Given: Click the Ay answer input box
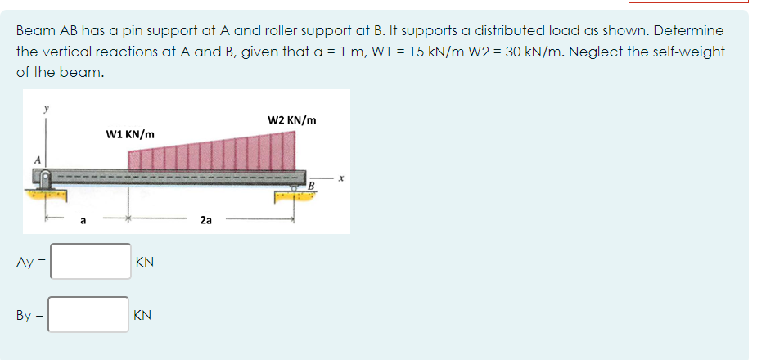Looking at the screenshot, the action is pyautogui.click(x=89, y=262).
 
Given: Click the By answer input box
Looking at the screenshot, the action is pyautogui.click(x=89, y=314).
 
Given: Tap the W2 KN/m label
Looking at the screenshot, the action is pyautogui.click(x=292, y=119).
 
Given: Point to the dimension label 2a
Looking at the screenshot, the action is pyautogui.click(x=206, y=219).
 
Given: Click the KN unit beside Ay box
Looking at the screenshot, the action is pyautogui.click(x=145, y=263).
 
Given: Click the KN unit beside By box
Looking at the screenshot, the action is pyautogui.click(x=142, y=315).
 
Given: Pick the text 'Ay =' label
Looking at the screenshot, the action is pyautogui.click(x=30, y=263).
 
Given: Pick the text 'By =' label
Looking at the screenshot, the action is pyautogui.click(x=30, y=315).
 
